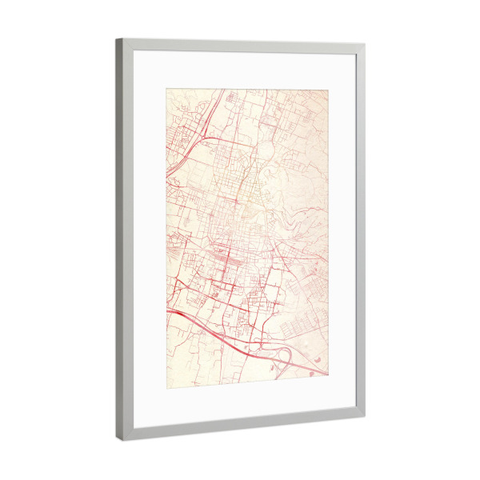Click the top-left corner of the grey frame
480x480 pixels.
coord(117,38)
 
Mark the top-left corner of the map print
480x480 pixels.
coord(166,88)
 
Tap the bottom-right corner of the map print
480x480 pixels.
coord(327,376)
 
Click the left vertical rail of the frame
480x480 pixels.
coord(122,240)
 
